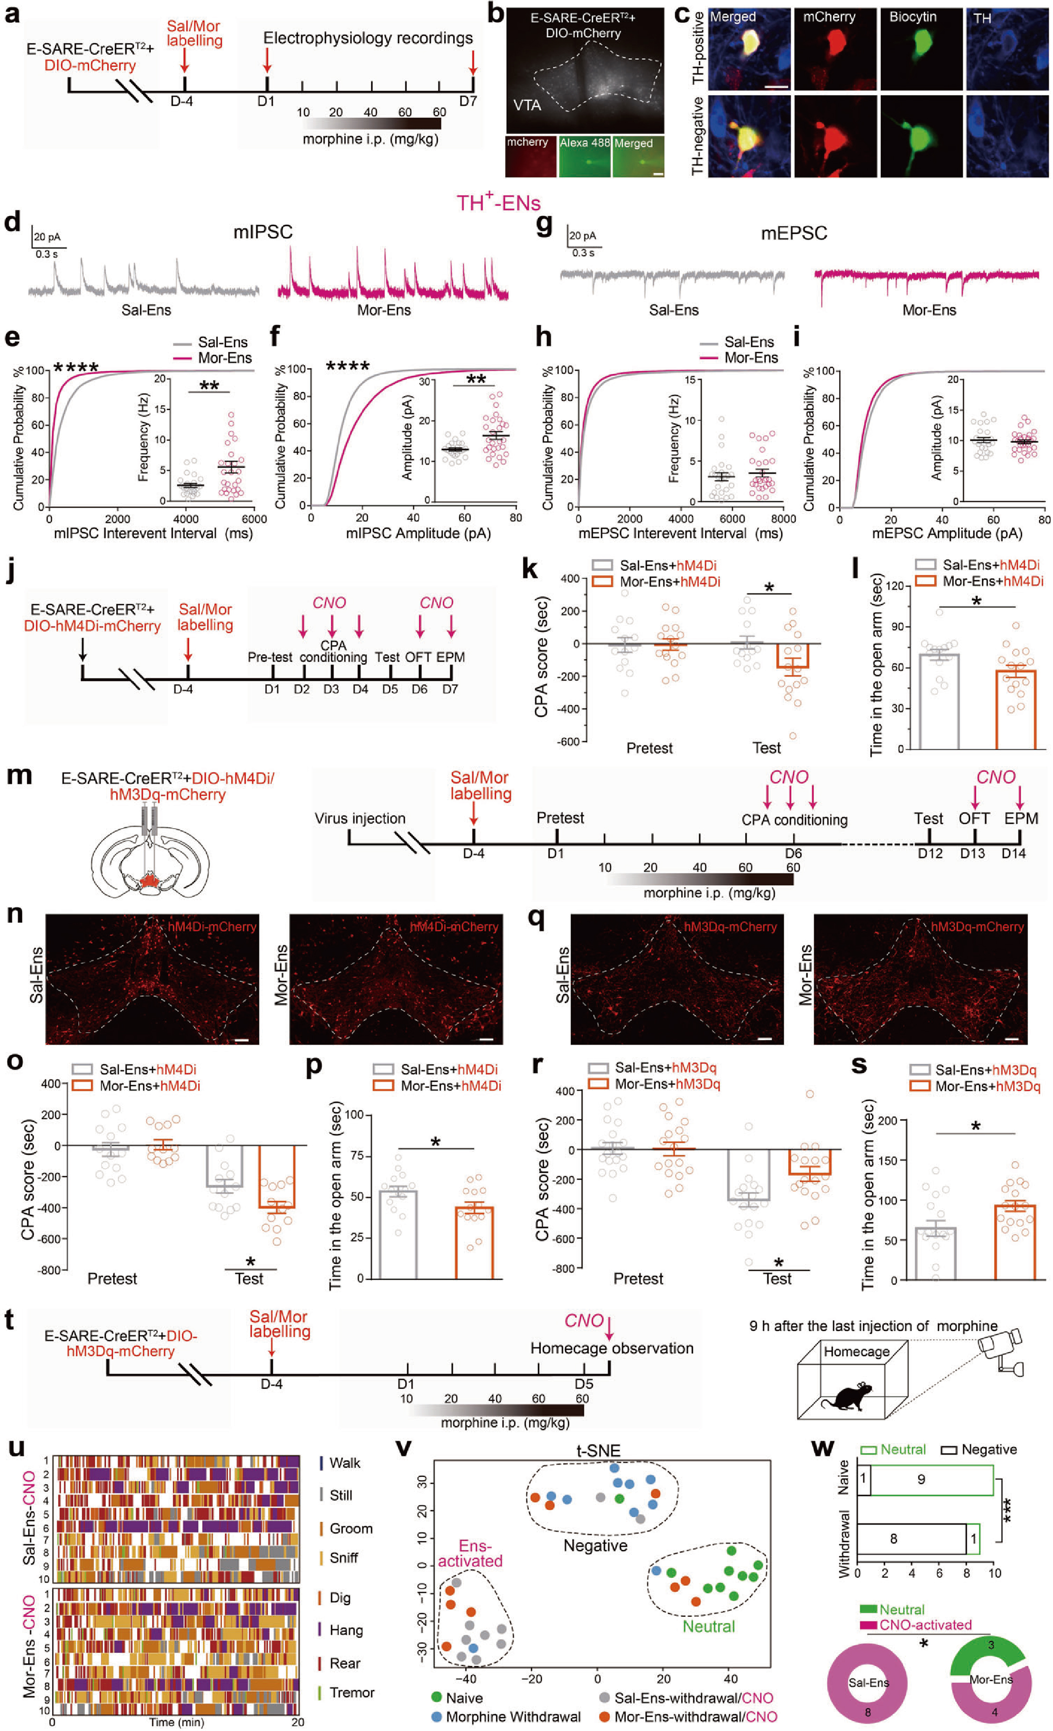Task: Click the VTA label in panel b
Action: point(527,105)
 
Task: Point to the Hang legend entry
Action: point(345,1630)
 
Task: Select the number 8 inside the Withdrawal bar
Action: point(894,1539)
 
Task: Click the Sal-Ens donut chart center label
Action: point(868,1682)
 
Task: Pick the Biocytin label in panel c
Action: point(913,17)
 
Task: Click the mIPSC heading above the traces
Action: point(263,232)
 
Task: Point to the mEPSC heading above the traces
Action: point(794,233)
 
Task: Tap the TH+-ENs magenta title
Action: point(498,203)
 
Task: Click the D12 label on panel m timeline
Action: point(929,853)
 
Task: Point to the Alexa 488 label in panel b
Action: point(584,143)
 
